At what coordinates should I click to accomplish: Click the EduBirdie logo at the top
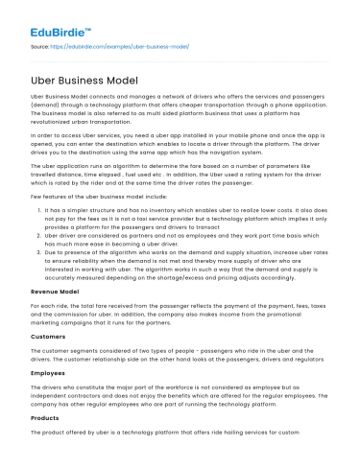(x=61, y=20)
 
